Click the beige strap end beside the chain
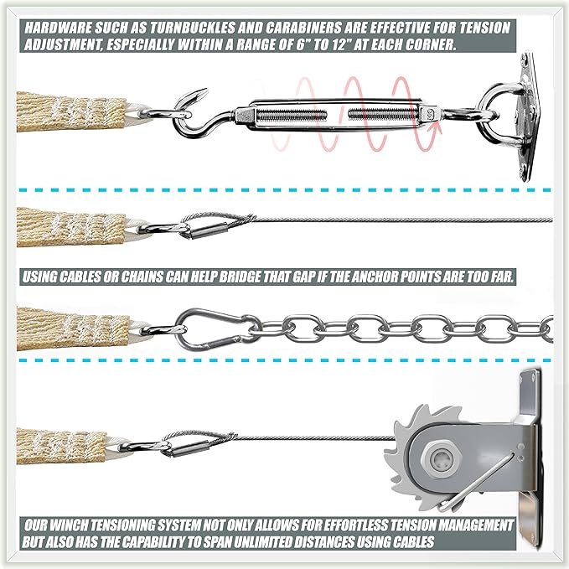[x=73, y=328]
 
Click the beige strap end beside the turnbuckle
[x=71, y=111]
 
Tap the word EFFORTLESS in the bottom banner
[x=367, y=525]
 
